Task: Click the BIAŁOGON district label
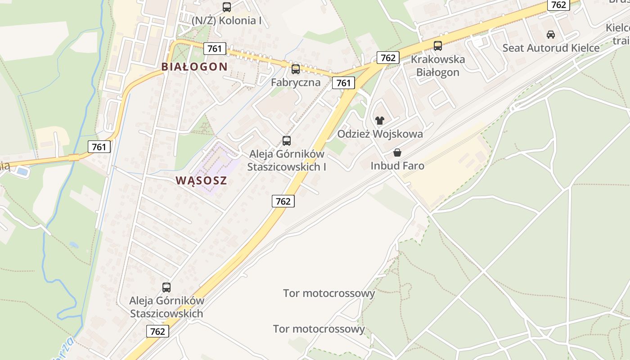point(194,67)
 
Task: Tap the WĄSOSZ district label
point(201,180)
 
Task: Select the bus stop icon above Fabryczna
point(296,69)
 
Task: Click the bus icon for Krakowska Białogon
point(437,45)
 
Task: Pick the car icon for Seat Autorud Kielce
point(550,34)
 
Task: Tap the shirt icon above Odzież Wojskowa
point(380,120)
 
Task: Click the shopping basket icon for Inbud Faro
point(397,153)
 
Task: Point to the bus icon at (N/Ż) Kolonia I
point(227,7)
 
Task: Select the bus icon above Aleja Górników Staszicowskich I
point(287,140)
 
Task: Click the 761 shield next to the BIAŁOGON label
point(214,48)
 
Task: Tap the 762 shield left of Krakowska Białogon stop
point(387,58)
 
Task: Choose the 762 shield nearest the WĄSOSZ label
point(283,201)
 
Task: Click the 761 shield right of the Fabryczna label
point(343,83)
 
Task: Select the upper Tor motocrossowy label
point(329,293)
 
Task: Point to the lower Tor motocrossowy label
point(319,329)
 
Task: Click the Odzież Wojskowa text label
point(380,134)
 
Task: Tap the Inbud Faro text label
point(397,166)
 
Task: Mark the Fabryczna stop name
point(296,82)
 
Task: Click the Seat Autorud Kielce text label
point(551,48)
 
